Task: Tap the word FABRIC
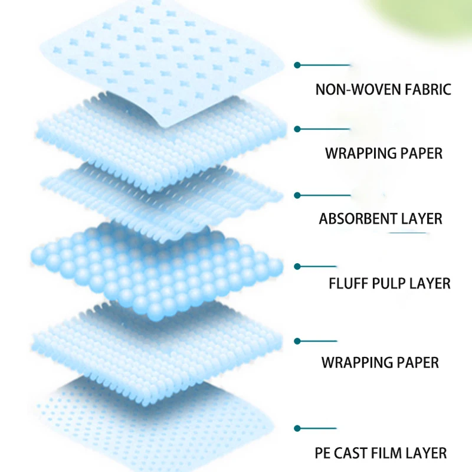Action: pyautogui.click(x=423, y=90)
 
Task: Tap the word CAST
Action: pyautogui.click(x=355, y=454)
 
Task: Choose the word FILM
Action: pyautogui.click(x=392, y=454)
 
